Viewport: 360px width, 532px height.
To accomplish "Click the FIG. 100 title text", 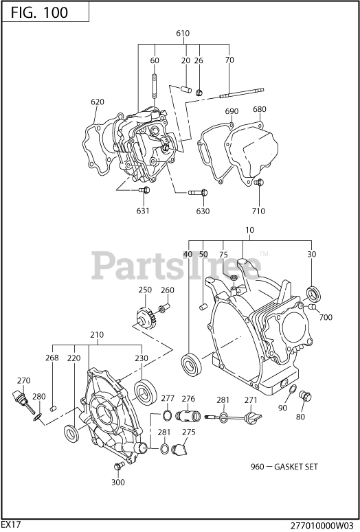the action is (x=39, y=12).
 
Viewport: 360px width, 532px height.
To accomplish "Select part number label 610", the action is (x=183, y=33).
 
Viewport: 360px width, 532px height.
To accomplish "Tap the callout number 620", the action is (x=98, y=102).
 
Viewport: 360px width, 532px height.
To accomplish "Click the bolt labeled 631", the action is (x=144, y=190).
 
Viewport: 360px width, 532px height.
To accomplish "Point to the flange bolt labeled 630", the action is (x=198, y=193).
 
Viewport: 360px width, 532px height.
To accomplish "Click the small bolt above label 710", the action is (x=259, y=183).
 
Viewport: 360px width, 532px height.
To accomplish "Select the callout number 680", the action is (x=260, y=109).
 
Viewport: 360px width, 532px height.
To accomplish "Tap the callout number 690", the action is (x=232, y=111).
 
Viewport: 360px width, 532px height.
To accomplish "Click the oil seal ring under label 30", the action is (x=313, y=294).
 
